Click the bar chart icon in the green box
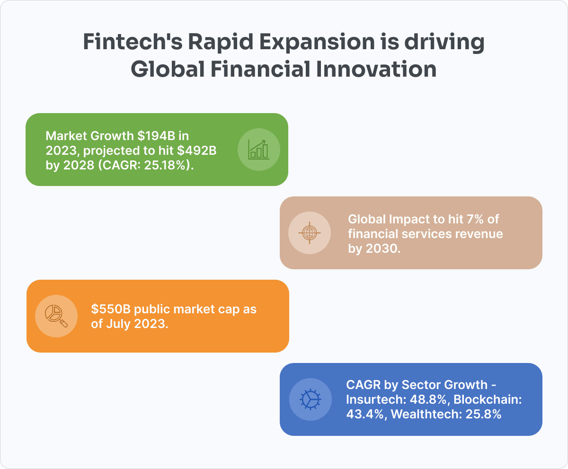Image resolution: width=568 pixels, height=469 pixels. tap(258, 149)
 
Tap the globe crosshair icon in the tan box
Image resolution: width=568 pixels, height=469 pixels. tap(309, 232)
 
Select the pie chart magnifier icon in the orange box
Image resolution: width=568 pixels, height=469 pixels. tap(56, 316)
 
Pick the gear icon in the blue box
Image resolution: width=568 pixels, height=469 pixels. tap(310, 399)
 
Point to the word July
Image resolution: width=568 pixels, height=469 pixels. tap(120, 324)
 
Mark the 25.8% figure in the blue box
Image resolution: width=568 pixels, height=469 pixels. tap(484, 414)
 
